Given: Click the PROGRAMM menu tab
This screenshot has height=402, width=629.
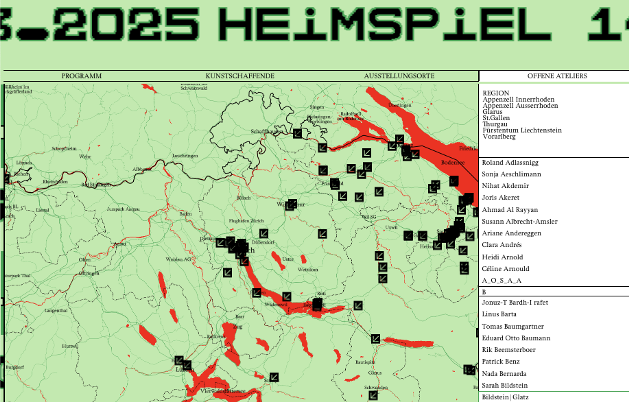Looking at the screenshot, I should coord(82,76).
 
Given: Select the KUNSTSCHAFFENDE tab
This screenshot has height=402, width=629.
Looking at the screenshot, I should coord(240,76).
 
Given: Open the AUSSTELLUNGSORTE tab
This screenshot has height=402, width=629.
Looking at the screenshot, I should coord(399,76).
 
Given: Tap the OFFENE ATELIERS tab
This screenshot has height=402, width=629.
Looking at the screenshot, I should coord(557,76).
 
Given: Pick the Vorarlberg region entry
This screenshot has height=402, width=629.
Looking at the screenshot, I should coord(499,137).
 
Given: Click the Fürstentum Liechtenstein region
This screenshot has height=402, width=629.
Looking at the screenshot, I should coord(522,130).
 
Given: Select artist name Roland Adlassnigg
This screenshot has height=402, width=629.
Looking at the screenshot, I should coord(510,163).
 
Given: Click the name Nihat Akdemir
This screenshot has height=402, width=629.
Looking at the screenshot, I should coord(505,186).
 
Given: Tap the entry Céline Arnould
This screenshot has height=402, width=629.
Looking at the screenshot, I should coord(505,269).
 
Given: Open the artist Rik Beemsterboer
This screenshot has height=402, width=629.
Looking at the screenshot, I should coord(509,350).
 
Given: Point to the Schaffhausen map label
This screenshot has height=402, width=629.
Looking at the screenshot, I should coord(267,131).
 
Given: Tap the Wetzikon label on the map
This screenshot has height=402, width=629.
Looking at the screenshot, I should coord(308,270).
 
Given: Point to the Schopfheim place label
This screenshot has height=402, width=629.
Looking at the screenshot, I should coord(64,149).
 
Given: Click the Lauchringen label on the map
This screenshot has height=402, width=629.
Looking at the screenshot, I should coord(185,156).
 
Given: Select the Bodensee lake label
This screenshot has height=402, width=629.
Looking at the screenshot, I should coord(453,163).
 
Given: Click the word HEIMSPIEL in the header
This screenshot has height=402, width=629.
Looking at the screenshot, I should coord(384,25).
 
